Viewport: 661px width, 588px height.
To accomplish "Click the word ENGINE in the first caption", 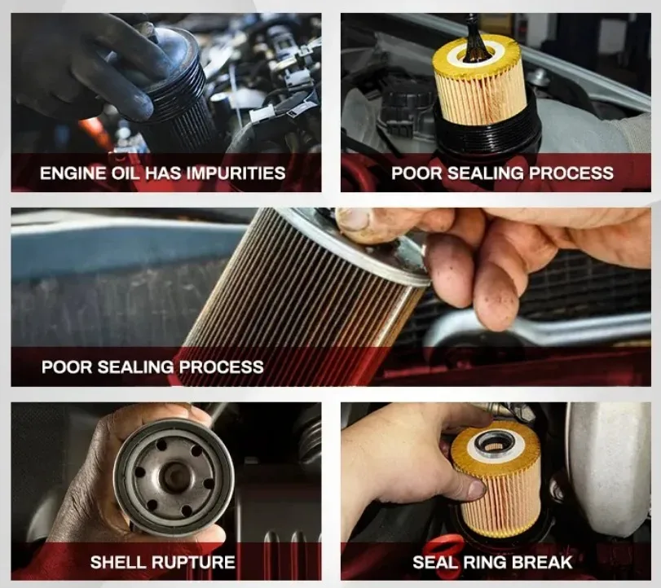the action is tap(73, 173).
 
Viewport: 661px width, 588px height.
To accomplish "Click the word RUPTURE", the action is tap(193, 562).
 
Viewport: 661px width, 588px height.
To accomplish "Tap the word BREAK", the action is tap(542, 562).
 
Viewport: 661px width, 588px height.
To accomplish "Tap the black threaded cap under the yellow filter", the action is tap(486, 126).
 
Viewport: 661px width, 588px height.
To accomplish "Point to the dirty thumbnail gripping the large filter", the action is tap(353, 219).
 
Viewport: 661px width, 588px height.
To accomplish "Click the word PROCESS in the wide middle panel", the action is tap(222, 366).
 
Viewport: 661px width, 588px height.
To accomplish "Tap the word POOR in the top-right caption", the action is tap(417, 173).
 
